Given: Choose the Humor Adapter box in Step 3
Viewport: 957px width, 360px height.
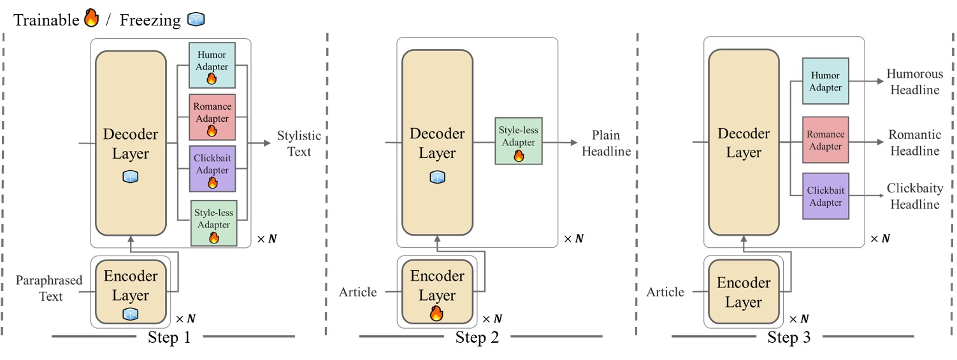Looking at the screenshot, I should [825, 81].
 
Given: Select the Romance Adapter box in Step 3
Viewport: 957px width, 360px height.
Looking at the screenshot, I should [825, 140].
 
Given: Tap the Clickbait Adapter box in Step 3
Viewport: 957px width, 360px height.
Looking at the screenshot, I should [825, 196].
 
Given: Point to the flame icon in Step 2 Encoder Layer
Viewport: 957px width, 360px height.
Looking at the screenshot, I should [436, 313].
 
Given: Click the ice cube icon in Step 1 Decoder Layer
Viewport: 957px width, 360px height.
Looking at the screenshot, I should [131, 178].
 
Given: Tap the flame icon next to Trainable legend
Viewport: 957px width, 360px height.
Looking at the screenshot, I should [91, 20].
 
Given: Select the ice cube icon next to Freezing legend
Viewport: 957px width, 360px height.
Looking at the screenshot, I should [195, 20].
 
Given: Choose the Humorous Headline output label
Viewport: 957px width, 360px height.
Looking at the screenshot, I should [913, 82].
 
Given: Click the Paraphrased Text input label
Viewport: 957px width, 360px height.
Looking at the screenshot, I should [49, 288].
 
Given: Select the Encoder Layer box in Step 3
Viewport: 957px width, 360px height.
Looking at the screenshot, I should [744, 292].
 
